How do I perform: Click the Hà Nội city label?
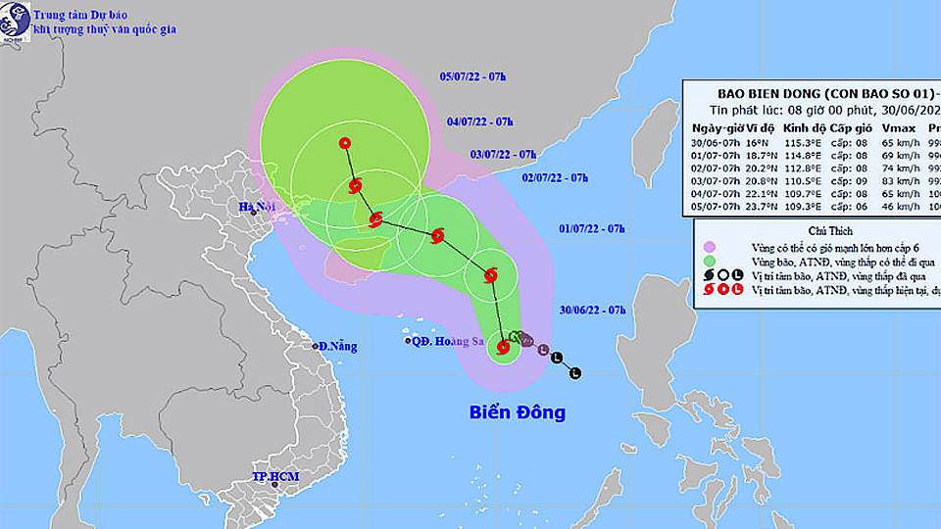(258, 207)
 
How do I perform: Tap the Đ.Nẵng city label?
(337, 346)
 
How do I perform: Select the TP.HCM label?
(274, 477)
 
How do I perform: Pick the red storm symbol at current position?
(504, 346)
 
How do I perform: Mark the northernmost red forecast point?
(345, 143)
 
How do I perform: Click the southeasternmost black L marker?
(575, 372)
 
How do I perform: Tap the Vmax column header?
(897, 128)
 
